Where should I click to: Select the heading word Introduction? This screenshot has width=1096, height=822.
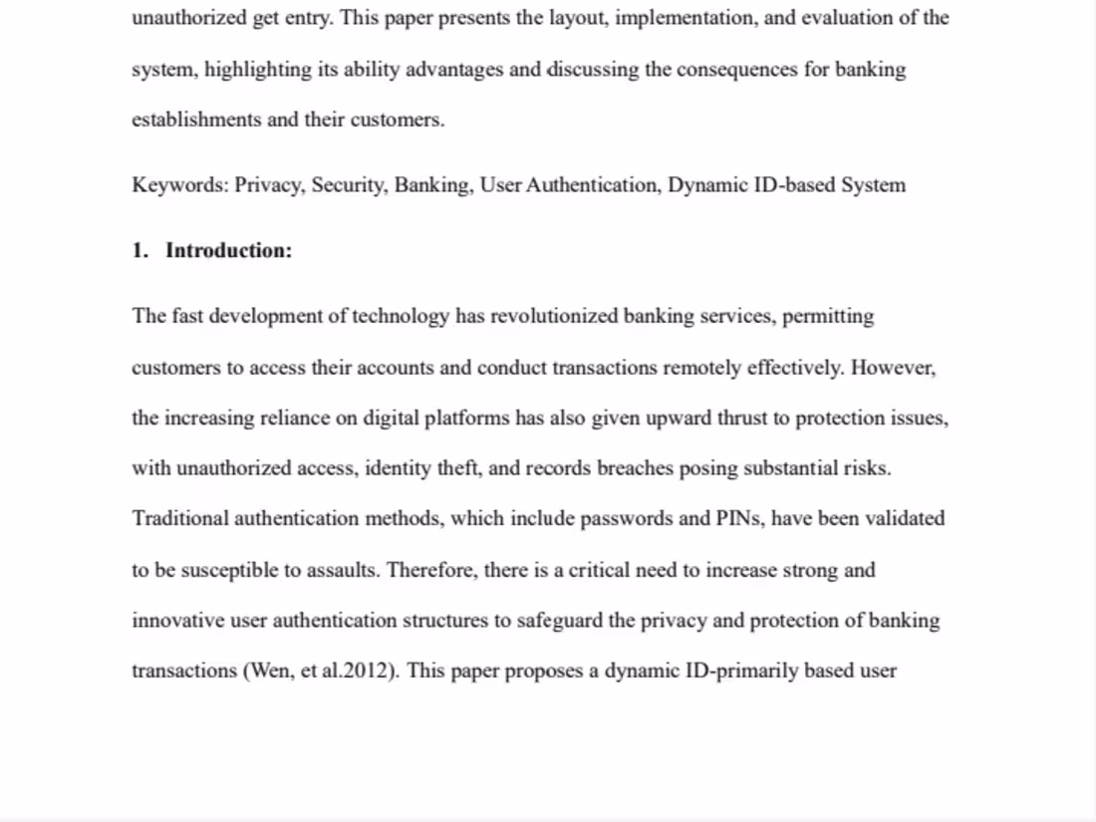(x=228, y=250)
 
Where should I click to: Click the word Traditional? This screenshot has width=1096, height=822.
(x=179, y=519)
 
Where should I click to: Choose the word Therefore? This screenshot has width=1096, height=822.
(x=427, y=570)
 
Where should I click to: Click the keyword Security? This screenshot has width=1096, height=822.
(x=348, y=185)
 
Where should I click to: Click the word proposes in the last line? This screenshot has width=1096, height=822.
(x=541, y=671)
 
